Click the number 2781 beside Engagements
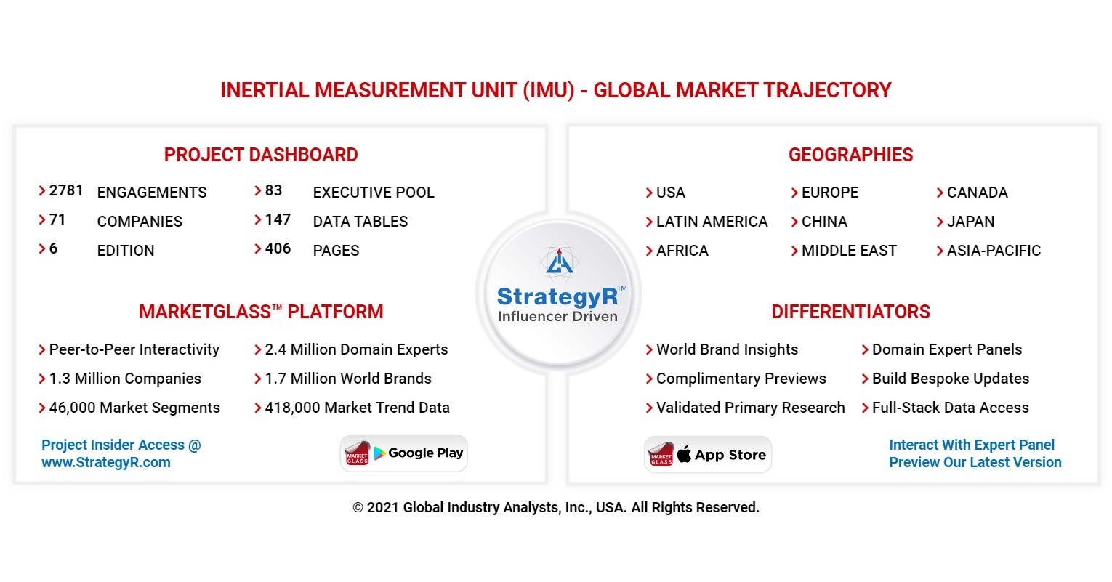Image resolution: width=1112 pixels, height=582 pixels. click(65, 190)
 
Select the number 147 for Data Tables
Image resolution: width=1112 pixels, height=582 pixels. click(278, 219)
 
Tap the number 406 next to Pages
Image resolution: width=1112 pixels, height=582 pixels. click(278, 248)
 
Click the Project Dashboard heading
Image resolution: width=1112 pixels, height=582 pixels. click(261, 155)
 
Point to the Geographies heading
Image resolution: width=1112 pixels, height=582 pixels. click(850, 155)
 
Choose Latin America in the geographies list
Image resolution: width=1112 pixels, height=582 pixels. click(712, 222)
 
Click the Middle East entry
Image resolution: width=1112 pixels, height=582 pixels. click(849, 251)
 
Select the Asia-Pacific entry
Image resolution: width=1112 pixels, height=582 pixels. click(994, 251)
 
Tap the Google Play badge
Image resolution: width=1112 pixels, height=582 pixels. click(404, 453)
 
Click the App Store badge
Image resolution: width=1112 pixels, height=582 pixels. click(708, 455)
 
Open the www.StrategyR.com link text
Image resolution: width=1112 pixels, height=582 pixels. click(106, 463)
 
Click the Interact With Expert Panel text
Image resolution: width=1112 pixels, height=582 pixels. click(972, 445)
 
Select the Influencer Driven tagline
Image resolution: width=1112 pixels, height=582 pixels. click(557, 316)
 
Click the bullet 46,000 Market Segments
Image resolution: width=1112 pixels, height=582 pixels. click(134, 408)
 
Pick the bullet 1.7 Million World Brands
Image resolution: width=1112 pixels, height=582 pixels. click(348, 379)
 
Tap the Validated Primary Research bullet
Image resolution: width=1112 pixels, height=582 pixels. click(750, 408)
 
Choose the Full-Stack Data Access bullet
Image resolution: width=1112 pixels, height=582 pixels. click(950, 408)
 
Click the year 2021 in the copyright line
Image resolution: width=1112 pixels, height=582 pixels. click(383, 508)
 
